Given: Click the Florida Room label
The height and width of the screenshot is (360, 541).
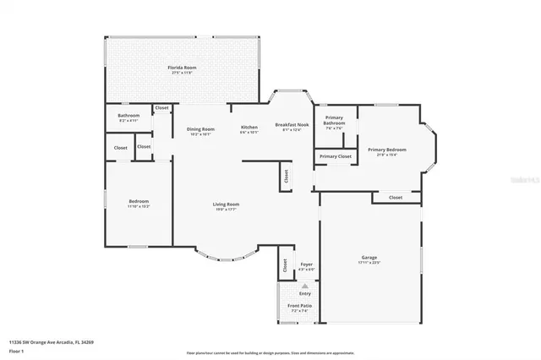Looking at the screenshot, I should pos(183,67).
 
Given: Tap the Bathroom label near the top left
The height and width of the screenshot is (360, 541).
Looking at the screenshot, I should pos(128,116).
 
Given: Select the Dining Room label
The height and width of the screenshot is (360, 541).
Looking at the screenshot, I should pos(200,129).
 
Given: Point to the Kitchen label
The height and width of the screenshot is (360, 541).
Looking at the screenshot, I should pos(249,128).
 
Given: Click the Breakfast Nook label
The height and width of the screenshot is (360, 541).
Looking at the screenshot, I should pos(292,125).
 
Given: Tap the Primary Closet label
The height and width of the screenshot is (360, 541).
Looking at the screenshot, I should pos(335,156).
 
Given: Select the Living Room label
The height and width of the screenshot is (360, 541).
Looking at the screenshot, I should pos(226,205).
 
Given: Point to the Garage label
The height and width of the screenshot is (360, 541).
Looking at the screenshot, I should pos(369,258).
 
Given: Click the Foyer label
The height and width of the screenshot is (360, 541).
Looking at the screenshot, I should pos(306,265).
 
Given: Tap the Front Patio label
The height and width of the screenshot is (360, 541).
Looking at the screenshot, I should pos(300,306).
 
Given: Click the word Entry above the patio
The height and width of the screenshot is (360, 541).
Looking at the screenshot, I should pos(304,293).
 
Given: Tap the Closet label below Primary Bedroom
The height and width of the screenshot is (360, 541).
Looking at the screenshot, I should pos(396,198).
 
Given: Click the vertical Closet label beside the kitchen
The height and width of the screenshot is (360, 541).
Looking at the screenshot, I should pos(286,177).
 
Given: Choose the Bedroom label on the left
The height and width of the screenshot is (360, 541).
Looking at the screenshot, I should pos(138,202).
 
